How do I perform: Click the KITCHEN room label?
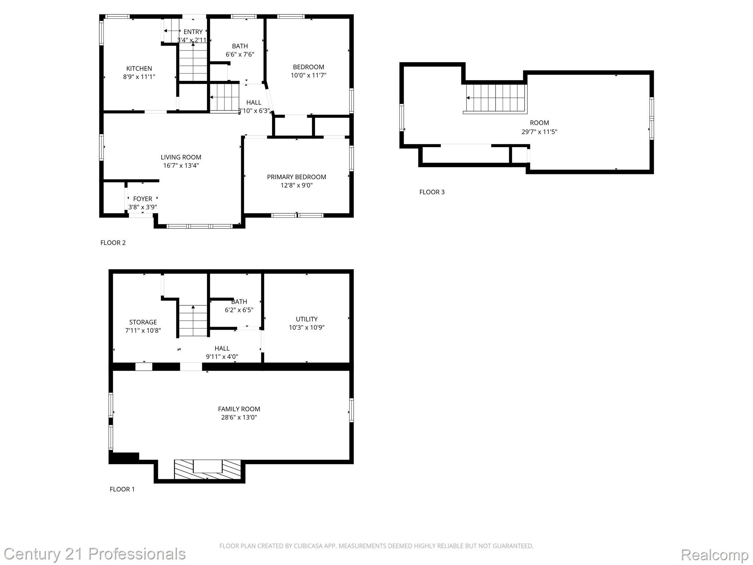139,68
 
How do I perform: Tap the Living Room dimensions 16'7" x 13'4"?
181,166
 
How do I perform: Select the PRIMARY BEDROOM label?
296,177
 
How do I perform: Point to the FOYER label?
143,199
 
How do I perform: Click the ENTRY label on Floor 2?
193,32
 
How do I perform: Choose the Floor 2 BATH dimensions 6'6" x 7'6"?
240,54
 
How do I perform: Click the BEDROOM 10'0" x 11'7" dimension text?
308,75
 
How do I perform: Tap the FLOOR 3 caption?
432,192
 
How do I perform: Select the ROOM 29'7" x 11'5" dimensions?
539,132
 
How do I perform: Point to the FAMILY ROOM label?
239,409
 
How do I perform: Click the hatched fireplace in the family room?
207,469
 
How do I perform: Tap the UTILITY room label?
307,319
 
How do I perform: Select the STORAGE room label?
143,322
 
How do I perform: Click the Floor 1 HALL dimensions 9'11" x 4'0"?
222,356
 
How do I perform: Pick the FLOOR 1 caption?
122,489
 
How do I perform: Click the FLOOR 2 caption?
113,243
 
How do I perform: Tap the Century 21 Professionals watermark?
95,554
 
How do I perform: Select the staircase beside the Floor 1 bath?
193,320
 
